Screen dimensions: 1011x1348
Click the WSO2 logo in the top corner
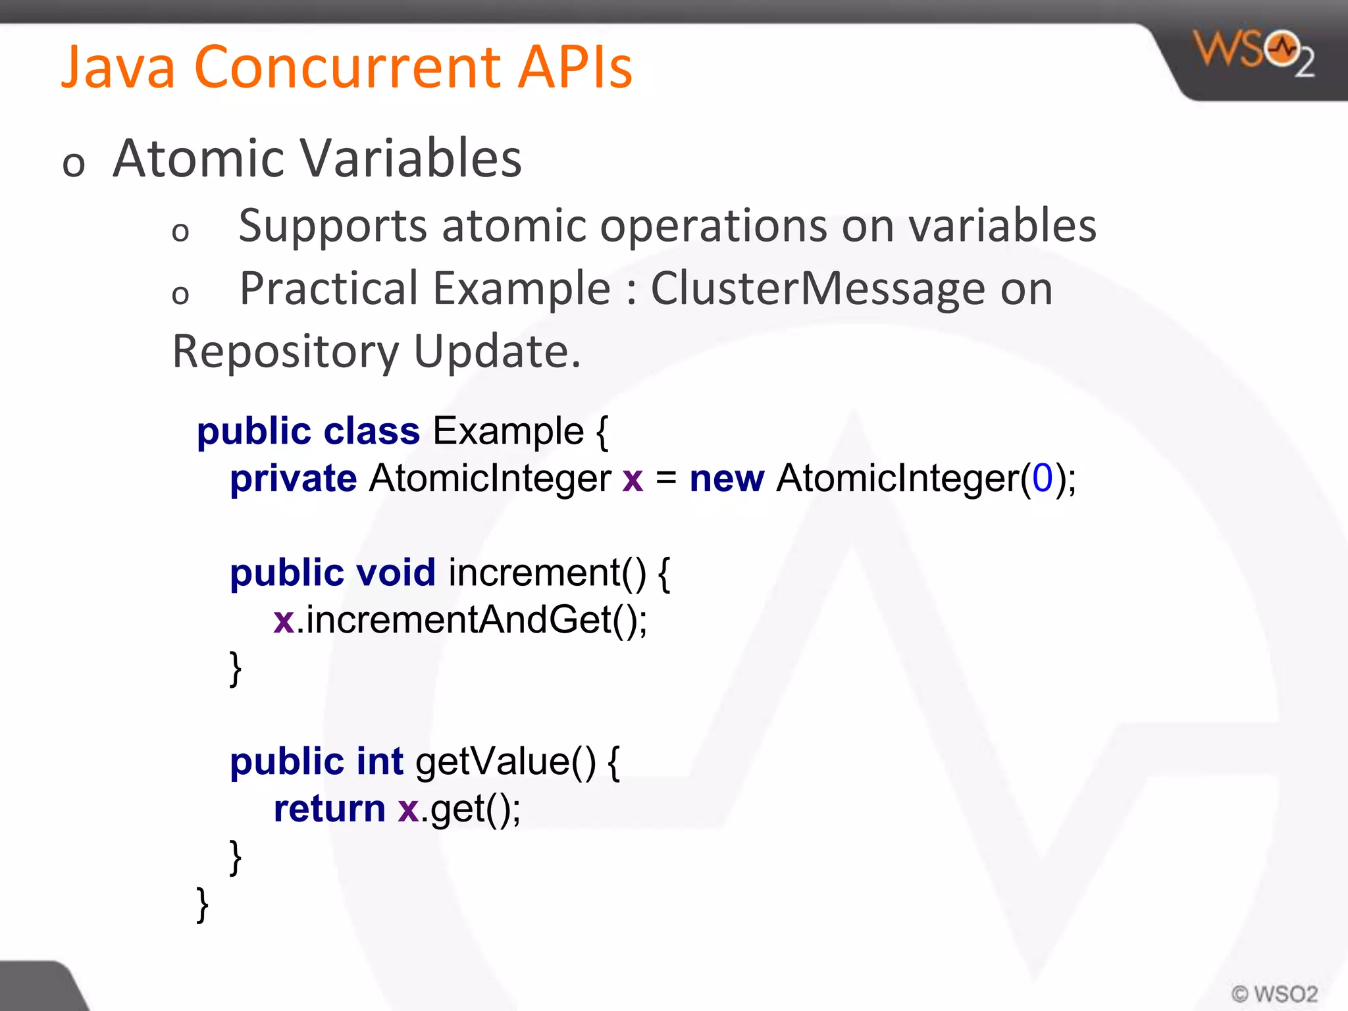(x=1254, y=53)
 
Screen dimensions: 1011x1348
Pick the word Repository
(x=285, y=352)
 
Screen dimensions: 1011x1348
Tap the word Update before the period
(x=490, y=352)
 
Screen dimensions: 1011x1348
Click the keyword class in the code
(x=371, y=432)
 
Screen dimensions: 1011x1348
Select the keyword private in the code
(x=293, y=479)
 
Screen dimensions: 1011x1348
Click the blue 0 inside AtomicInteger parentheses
(x=1042, y=478)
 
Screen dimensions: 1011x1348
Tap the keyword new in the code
(x=727, y=479)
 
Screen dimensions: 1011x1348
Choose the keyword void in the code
(x=396, y=573)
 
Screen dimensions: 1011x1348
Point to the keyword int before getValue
(x=379, y=762)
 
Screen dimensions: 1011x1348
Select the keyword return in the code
(x=329, y=809)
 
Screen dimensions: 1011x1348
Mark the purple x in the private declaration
(x=632, y=479)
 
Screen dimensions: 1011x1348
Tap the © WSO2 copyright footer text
(x=1274, y=993)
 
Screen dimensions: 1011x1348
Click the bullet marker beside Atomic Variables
(x=74, y=165)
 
